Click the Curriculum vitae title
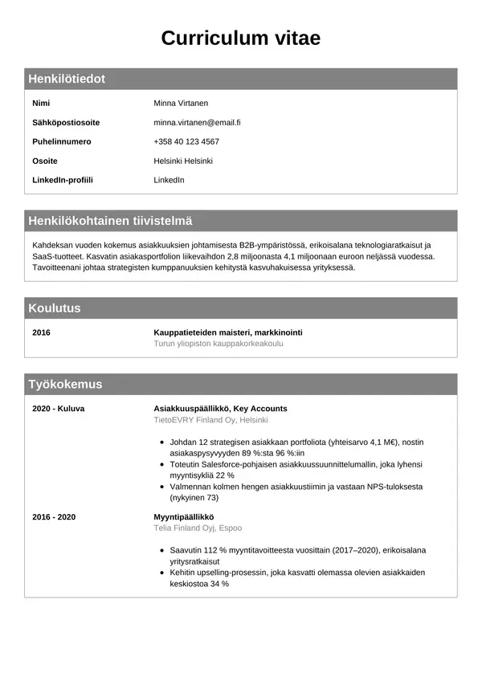[x=240, y=38]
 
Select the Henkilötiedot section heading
[x=67, y=79]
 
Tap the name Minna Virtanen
[x=181, y=104]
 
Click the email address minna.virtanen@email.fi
[x=197, y=123]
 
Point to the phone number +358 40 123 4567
[x=186, y=142]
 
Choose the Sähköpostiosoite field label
[x=66, y=123]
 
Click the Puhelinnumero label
[x=62, y=142]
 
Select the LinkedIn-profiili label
[x=63, y=180]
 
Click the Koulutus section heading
[x=55, y=308]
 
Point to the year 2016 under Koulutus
[x=41, y=332]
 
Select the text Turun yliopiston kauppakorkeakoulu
[x=219, y=344]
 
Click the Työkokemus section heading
[x=65, y=385]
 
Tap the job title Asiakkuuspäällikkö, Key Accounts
[x=220, y=409]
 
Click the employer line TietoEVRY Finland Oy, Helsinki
[x=210, y=420]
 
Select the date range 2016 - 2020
[x=54, y=517]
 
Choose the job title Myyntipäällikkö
[x=184, y=517]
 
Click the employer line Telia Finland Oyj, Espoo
[x=198, y=528]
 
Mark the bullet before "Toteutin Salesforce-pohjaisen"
[x=163, y=465]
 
